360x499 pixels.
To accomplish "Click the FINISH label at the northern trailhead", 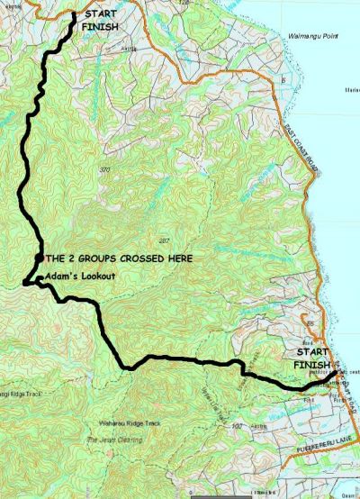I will pos(99,28).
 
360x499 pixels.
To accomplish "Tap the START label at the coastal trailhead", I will pos(311,353).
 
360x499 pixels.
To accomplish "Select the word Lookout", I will pos(98,275).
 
